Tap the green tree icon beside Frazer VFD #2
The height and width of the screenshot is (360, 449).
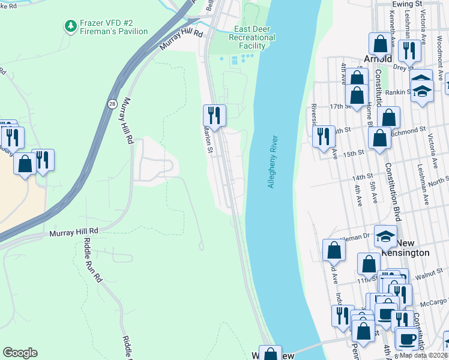click(71, 26)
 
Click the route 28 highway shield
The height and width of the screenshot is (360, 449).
click(112, 104)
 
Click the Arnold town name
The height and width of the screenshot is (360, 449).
click(378, 59)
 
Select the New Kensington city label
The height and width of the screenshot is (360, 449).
click(406, 248)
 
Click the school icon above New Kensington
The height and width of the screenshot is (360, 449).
click(385, 235)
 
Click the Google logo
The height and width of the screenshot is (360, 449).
click(20, 352)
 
